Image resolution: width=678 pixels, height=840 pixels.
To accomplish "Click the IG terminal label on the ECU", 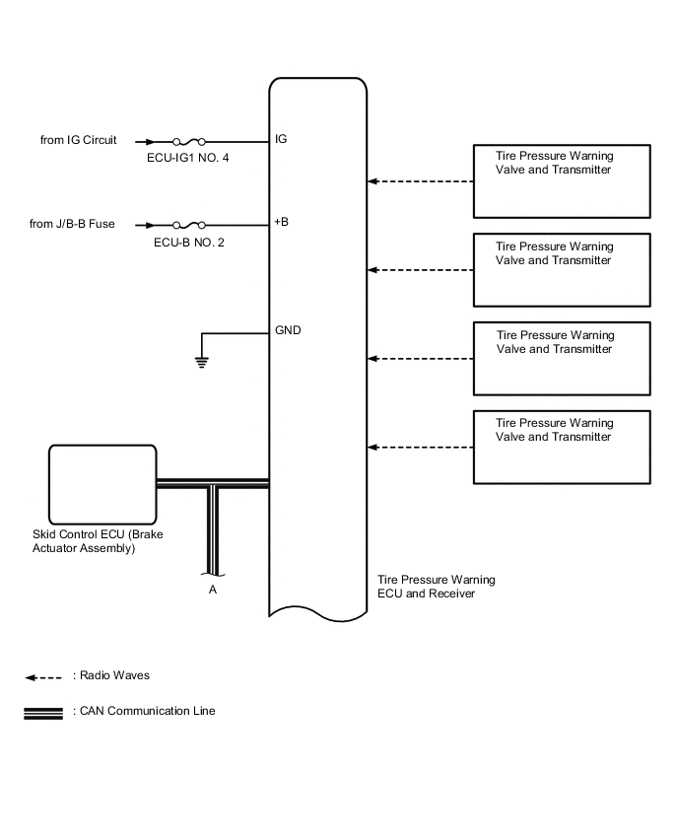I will click(x=281, y=140).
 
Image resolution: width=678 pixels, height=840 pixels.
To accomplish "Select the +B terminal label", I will click(x=282, y=223).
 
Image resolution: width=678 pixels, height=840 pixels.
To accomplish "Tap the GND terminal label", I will click(x=287, y=330).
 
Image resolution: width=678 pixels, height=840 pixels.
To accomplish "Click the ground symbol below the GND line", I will click(x=202, y=361).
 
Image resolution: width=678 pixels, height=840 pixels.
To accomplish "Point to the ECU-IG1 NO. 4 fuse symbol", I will click(x=188, y=142).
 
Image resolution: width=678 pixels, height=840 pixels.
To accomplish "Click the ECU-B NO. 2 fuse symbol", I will click(x=188, y=225).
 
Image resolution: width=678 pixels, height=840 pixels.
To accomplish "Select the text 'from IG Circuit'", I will click(x=78, y=140).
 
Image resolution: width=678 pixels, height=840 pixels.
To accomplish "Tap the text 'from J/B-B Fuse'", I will click(x=72, y=224).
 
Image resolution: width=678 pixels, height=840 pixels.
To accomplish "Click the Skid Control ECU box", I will click(x=102, y=483).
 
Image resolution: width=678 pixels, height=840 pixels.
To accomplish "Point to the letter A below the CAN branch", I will click(x=212, y=590).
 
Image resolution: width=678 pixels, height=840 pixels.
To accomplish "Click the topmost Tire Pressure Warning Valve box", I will click(x=562, y=182).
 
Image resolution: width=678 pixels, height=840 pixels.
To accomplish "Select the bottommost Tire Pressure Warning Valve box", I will click(x=562, y=447).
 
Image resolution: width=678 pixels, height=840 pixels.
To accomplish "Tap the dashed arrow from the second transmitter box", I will click(x=421, y=270).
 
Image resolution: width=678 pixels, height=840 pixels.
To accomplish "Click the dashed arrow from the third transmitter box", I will click(x=421, y=359).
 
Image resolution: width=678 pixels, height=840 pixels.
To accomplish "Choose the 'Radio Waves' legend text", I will click(x=111, y=676).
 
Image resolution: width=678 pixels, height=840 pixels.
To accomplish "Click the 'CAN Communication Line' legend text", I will click(x=144, y=711).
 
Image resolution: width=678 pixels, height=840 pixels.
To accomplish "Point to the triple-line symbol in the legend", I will click(x=43, y=712).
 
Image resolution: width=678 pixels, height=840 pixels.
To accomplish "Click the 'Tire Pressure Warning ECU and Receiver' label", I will click(x=437, y=587).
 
